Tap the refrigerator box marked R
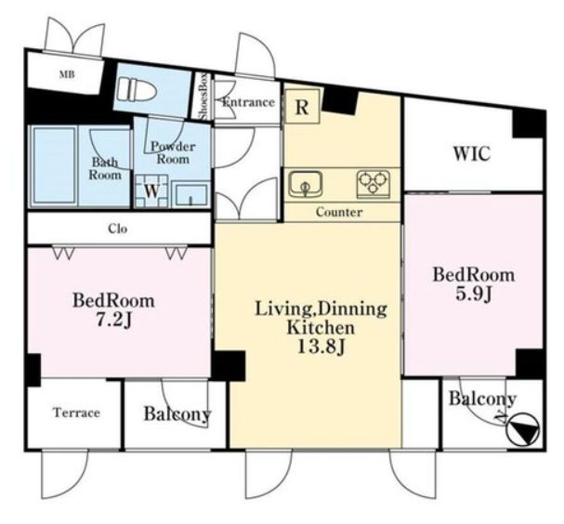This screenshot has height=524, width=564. [x=302, y=107]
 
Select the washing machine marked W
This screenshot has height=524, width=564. [x=151, y=191]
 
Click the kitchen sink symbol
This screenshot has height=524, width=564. [x=306, y=184]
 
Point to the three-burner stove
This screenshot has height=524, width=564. [x=374, y=185]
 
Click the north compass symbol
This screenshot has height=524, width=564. [x=522, y=429]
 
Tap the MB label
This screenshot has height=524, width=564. [x=67, y=75]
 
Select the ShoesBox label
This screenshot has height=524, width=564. [x=203, y=97]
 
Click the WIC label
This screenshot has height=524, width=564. [x=472, y=154]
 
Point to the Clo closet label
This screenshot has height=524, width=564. [x=118, y=229]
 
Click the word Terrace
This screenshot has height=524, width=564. [x=76, y=413]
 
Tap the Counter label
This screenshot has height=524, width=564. [x=339, y=212]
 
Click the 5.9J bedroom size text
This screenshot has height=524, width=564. [x=474, y=294]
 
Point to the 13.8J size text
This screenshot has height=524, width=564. [x=321, y=347]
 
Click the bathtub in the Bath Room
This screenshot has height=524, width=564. [x=54, y=165]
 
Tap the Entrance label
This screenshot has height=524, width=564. [x=248, y=102]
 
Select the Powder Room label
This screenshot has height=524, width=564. [x=173, y=152]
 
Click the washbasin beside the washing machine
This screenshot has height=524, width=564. [x=190, y=194]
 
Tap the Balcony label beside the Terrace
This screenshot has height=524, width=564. [x=177, y=414]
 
